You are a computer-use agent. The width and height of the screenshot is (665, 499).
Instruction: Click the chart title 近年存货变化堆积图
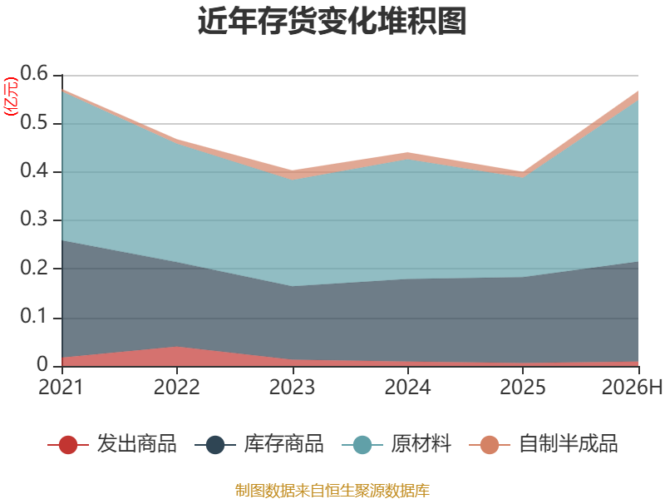pyautogui.click(x=332, y=21)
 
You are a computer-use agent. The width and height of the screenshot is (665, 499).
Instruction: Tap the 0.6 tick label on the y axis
pyautogui.click(x=34, y=73)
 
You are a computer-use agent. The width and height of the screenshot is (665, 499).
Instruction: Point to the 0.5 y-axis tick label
pyautogui.click(x=34, y=122)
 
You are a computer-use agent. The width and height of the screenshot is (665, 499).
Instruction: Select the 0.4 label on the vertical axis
pyautogui.click(x=34, y=170)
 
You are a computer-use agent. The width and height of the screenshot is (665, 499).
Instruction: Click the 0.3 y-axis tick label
pyautogui.click(x=34, y=219)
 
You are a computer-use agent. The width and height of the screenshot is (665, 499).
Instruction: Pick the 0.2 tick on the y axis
pyautogui.click(x=34, y=268)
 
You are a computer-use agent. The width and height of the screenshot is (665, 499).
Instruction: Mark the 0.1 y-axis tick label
pyautogui.click(x=34, y=316)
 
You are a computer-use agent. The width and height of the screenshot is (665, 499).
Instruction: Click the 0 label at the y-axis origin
pyautogui.click(x=42, y=364)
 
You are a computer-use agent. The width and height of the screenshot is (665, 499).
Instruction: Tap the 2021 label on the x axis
pyautogui.click(x=61, y=387)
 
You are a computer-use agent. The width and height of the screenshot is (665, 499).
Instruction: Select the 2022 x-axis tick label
pyautogui.click(x=176, y=387)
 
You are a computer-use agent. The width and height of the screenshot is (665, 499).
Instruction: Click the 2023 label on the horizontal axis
pyautogui.click(x=292, y=387)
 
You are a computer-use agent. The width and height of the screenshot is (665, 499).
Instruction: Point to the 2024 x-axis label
pyautogui.click(x=407, y=387)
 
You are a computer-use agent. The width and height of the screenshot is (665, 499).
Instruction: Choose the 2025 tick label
pyautogui.click(x=523, y=387)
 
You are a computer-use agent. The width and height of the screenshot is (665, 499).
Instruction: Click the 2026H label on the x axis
pyautogui.click(x=632, y=387)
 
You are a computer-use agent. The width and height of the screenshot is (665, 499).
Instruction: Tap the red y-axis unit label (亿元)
pyautogui.click(x=11, y=96)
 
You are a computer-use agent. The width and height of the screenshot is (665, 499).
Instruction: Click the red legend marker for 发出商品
pyautogui.click(x=68, y=445)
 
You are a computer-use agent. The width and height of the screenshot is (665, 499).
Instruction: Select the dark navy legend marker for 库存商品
pyautogui.click(x=215, y=445)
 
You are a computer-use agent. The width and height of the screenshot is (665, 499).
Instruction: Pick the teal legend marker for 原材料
pyautogui.click(x=362, y=445)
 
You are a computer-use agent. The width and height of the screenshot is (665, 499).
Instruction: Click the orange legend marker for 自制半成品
pyautogui.click(x=490, y=445)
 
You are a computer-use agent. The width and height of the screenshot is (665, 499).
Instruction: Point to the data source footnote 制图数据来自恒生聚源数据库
pyautogui.click(x=332, y=491)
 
